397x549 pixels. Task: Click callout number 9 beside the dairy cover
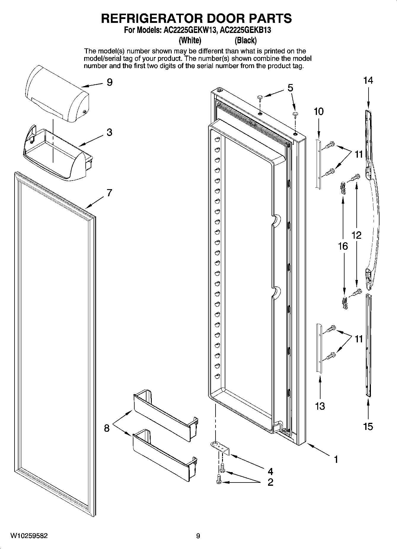pyautogui.click(x=110, y=82)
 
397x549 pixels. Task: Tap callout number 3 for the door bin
pyautogui.click(x=109, y=132)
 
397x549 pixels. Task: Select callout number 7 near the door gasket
pyautogui.click(x=109, y=193)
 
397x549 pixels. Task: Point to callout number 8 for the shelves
pyautogui.click(x=107, y=428)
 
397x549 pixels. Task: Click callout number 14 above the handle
pyautogui.click(x=368, y=80)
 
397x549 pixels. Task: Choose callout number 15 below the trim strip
pyautogui.click(x=368, y=427)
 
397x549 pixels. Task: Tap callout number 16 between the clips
pyautogui.click(x=343, y=246)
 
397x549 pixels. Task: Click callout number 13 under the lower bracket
pyautogui.click(x=320, y=406)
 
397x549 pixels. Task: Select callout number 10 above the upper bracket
pyautogui.click(x=319, y=112)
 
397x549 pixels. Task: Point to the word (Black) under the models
pyautogui.click(x=245, y=40)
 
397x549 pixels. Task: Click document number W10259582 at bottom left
pyautogui.click(x=29, y=536)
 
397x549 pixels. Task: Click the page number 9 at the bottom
pyautogui.click(x=198, y=536)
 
